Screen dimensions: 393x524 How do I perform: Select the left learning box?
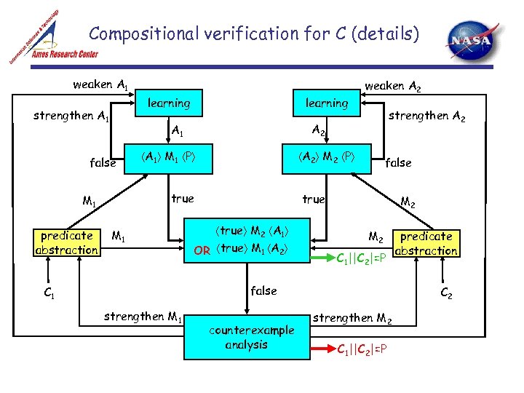[168, 103]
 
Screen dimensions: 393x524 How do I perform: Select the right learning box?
[326, 103]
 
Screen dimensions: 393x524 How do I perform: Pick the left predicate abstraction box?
[67, 243]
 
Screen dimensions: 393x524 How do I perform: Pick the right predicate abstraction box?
[426, 243]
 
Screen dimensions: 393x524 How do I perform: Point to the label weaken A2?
[394, 87]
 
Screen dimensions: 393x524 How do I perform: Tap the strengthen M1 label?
[143, 317]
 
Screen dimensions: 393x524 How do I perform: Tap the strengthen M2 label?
[353, 317]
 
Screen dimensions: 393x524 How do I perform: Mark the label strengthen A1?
[71, 116]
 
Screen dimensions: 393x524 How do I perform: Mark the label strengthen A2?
[426, 115]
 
